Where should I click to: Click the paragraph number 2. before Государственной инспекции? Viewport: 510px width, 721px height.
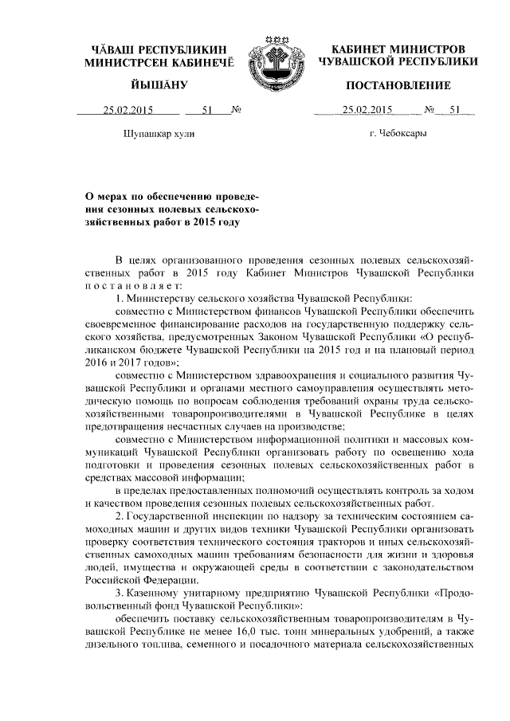click(x=120, y=515)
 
